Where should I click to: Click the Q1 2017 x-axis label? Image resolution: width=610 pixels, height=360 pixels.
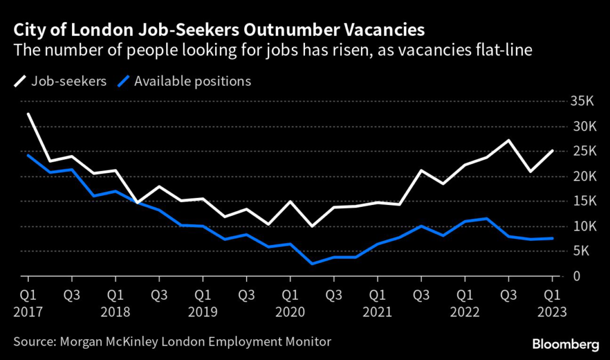click(28, 302)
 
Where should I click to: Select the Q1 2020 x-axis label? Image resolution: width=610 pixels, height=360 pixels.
click(290, 302)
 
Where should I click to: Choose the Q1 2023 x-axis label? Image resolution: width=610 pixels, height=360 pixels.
click(552, 302)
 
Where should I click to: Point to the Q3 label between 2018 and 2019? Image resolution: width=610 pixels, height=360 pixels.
click(159, 294)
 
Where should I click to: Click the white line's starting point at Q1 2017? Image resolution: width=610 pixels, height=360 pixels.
click(28, 114)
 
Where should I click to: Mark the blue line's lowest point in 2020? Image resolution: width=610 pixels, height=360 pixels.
click(312, 263)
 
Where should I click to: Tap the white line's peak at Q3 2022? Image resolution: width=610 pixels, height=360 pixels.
click(508, 141)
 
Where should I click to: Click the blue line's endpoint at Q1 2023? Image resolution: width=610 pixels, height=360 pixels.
click(552, 238)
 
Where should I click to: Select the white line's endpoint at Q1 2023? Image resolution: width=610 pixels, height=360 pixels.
click(552, 151)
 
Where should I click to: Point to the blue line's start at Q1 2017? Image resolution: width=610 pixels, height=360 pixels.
click(28, 155)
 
